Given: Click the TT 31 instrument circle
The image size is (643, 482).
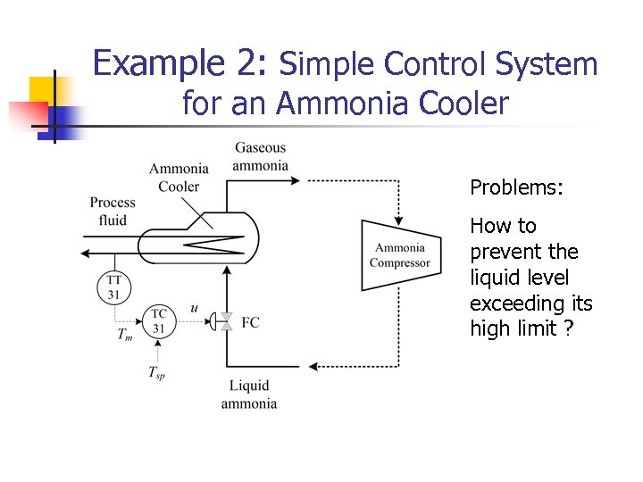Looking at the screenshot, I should (x=114, y=286).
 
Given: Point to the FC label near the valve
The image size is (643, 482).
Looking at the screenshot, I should (x=251, y=322).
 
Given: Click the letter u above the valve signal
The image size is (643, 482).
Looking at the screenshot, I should (x=195, y=308).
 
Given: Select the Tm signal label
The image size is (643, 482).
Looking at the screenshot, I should (x=126, y=334).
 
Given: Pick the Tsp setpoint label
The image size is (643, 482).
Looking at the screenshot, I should (x=156, y=373).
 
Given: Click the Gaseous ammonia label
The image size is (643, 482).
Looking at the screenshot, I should (x=260, y=156).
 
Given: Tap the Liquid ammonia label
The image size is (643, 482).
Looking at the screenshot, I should (x=249, y=395).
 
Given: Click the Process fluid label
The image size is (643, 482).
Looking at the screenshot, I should (x=113, y=212).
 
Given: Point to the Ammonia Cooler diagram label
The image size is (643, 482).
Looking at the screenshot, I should (x=179, y=177).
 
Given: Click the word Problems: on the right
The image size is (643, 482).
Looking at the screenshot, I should (x=517, y=187).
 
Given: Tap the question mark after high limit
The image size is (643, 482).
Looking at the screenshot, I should (x=569, y=329).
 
